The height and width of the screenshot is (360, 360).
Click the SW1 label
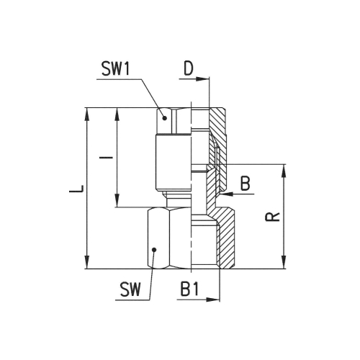(x=116, y=68)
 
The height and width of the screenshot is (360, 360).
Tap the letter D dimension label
(x=189, y=68)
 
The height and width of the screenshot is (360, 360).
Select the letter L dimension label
(x=76, y=189)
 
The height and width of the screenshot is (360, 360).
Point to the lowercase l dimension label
(x=106, y=158)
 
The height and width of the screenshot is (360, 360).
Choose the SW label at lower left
(x=130, y=289)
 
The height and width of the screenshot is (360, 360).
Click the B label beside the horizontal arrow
(x=246, y=184)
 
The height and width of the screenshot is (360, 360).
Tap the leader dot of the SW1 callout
(x=165, y=118)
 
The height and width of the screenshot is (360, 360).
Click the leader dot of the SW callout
(x=155, y=250)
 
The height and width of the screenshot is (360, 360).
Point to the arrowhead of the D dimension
(x=203, y=78)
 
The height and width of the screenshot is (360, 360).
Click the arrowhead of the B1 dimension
(x=213, y=300)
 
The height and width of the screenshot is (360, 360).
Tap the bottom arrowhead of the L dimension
(x=87, y=262)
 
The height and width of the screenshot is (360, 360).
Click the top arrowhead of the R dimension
(x=284, y=171)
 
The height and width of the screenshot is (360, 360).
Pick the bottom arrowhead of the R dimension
(x=284, y=262)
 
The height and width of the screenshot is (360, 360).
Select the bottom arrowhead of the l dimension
(x=117, y=200)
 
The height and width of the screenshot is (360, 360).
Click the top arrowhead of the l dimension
(x=117, y=115)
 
